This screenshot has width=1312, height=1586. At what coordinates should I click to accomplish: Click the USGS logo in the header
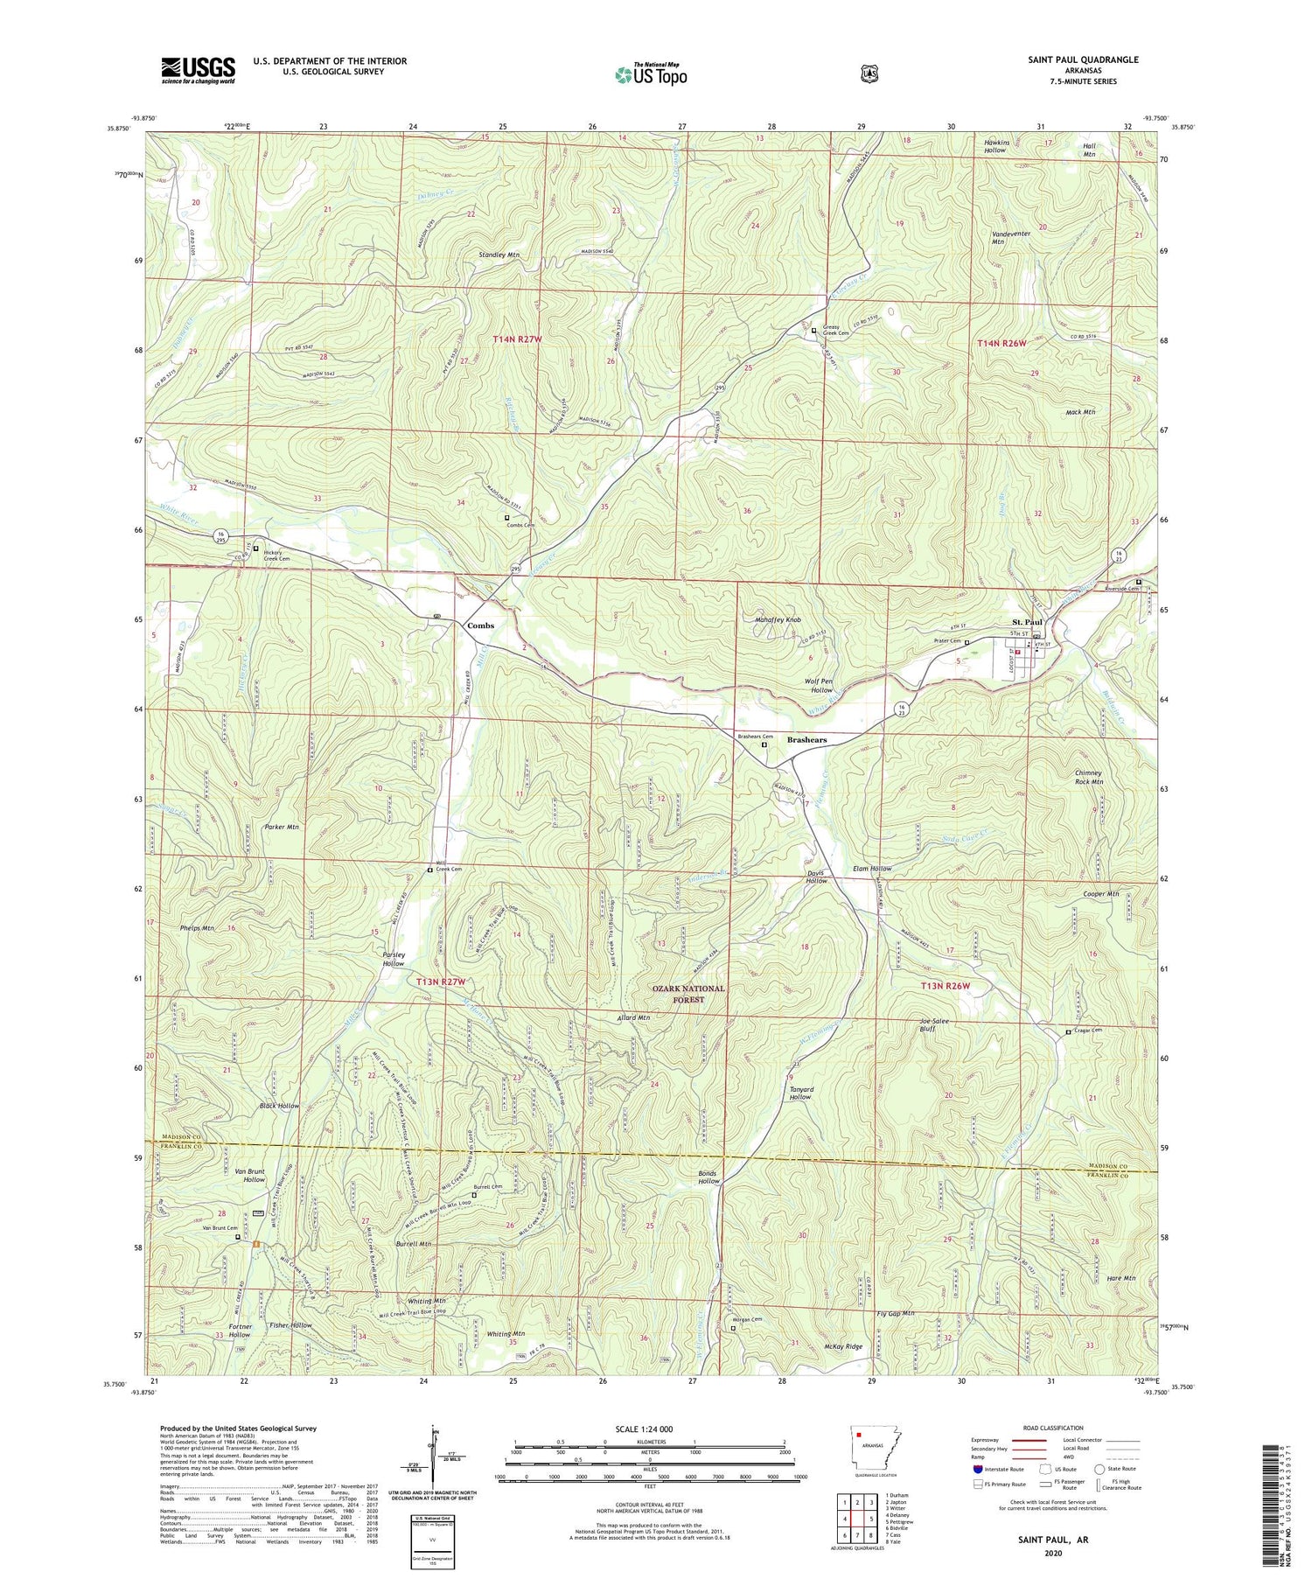pos(198,70)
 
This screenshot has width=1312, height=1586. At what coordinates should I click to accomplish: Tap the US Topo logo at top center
pos(651,74)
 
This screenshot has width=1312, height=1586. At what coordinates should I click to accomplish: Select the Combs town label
pos(480,625)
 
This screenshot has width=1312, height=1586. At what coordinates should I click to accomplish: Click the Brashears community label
pos(806,740)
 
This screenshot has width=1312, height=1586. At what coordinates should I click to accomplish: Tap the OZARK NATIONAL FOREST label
pos(688,994)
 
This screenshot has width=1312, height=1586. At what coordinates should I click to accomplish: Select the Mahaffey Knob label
pos(778,619)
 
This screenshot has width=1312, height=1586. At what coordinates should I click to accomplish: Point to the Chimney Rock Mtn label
pos(1088,778)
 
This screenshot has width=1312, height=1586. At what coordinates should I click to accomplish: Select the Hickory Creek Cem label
pos(272,557)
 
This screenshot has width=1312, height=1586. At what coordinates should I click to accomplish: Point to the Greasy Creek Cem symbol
pos(813,331)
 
